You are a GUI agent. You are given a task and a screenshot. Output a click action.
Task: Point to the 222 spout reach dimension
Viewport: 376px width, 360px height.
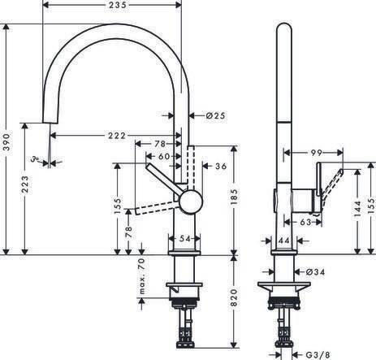(x=115, y=135)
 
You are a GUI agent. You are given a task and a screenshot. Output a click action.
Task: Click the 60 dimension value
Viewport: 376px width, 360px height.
(x=164, y=155)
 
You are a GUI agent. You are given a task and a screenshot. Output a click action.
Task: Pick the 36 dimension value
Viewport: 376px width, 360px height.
(x=219, y=166)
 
